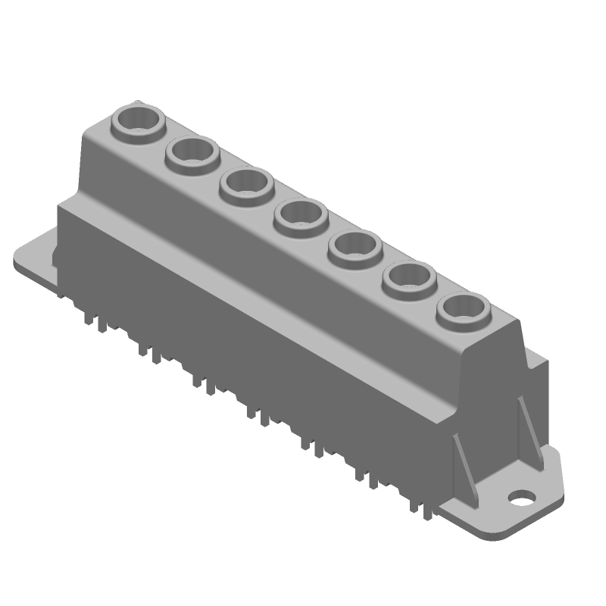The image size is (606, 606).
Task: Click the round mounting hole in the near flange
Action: click(521, 498)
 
